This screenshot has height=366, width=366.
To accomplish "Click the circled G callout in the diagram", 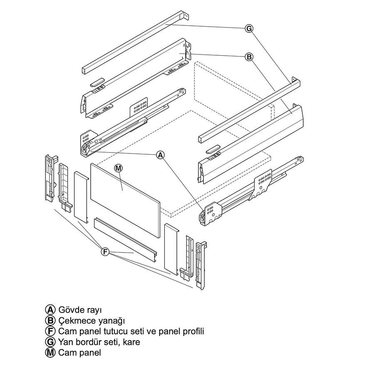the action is click(249, 28).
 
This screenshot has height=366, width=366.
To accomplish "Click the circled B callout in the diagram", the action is click(249, 57).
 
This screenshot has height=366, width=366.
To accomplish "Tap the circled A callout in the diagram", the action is click(161, 155).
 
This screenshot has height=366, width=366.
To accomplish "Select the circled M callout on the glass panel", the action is click(119, 168).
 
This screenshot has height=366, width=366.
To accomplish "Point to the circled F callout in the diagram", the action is click(105, 252).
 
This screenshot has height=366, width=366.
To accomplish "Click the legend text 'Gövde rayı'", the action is click(80, 310).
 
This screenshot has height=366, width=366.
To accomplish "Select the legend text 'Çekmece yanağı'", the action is click(91, 321).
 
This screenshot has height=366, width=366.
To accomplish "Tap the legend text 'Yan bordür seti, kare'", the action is click(99, 342).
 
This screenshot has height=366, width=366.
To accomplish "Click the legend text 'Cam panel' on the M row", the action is click(79, 352).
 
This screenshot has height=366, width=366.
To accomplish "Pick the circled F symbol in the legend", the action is click(50, 331).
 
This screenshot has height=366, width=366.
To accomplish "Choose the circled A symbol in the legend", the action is click(50, 310).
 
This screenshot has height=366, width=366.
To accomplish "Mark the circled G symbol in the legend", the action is click(50, 342).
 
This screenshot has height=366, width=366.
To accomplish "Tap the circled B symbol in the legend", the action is click(50, 321).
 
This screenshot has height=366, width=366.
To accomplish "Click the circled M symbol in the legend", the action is click(50, 353).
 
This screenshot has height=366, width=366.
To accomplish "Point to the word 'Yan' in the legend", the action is click(65, 342).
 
